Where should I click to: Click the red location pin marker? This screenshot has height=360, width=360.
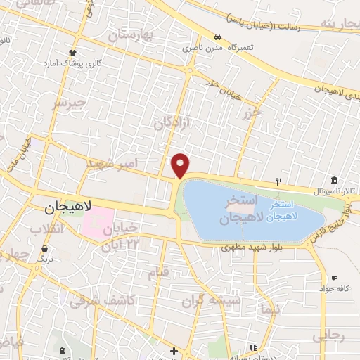(x=181, y=165)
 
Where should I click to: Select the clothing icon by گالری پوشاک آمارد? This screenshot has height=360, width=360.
(x=72, y=52)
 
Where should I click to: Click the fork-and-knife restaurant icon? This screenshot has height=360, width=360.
(x=279, y=181)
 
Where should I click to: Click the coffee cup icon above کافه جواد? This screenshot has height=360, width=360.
(x=334, y=278)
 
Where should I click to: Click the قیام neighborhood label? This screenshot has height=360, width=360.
(x=160, y=271)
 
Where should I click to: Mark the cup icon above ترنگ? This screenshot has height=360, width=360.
(x=46, y=248)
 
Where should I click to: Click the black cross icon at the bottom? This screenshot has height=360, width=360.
(x=174, y=350)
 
